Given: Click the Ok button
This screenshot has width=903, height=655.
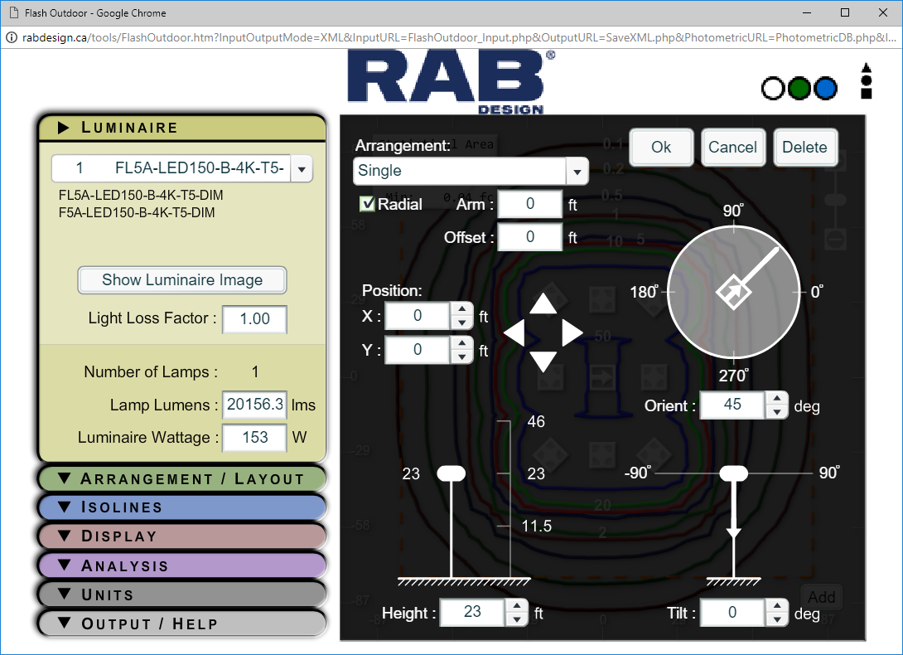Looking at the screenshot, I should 661,148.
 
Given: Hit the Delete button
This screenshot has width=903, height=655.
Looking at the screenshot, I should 804,148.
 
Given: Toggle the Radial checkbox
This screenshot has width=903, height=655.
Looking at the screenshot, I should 367,204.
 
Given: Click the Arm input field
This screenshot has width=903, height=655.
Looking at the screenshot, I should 530,204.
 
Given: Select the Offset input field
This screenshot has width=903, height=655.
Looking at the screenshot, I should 530,237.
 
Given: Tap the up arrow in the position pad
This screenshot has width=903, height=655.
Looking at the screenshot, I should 543,303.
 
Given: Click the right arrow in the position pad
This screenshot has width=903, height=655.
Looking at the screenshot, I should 572,333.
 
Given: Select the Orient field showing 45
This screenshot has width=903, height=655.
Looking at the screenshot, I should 732,405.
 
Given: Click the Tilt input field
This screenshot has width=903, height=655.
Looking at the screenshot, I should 732,613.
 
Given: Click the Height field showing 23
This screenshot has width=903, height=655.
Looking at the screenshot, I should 472,613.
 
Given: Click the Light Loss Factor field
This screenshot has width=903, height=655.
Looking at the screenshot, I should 254,319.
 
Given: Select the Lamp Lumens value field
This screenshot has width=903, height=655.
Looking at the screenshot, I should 254,405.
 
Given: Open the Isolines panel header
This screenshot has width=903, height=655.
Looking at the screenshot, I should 182,507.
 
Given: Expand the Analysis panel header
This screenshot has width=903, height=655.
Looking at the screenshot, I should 182,565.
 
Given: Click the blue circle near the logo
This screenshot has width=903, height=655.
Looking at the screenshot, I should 825,89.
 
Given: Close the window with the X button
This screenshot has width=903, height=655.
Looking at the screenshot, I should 881,12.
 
